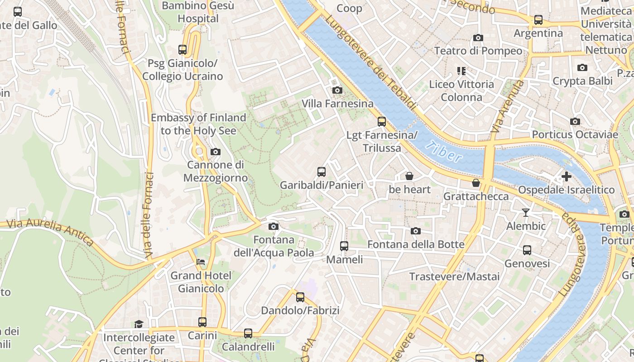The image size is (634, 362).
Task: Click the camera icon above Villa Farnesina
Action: [337, 90]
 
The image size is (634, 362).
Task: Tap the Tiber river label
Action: [444, 152]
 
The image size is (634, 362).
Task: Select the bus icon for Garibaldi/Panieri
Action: [322, 171]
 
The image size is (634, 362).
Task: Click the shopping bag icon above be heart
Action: [409, 176]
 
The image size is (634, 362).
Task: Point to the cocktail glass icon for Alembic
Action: [526, 212]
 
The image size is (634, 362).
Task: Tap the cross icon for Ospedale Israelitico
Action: [566, 176]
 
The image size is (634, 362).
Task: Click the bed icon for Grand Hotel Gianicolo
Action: [201, 262]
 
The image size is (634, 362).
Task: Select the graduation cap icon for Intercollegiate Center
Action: [139, 324]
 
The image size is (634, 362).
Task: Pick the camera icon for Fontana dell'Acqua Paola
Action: [274, 226]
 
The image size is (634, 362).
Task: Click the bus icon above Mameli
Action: [344, 246]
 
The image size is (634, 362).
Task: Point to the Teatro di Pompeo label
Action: [478, 51]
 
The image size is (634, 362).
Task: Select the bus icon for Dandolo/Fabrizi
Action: [300, 297]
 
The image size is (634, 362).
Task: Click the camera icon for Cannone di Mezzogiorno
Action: [216, 152]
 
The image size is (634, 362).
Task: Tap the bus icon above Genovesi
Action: [527, 250]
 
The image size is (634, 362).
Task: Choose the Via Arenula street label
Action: [507, 106]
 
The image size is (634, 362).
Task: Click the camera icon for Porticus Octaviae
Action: [575, 121]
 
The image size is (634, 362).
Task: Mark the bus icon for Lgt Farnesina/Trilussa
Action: [382, 121]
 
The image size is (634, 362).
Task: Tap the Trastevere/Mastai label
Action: [454, 276]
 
